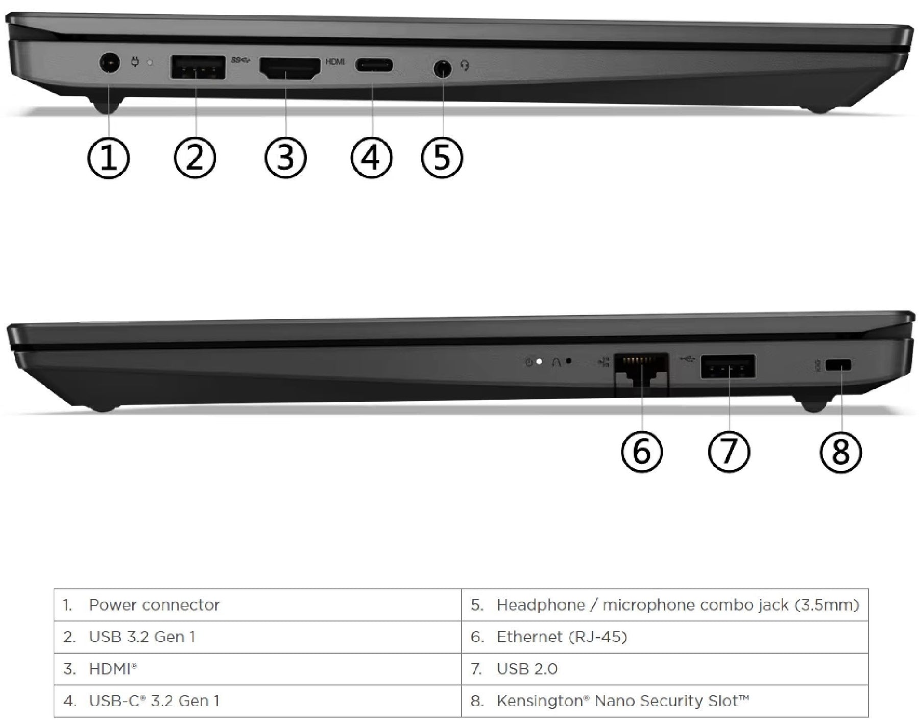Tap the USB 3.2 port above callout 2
point(198,67)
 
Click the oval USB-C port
point(374,65)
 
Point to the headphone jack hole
point(443,68)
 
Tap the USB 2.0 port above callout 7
point(728,366)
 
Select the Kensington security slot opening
point(838,365)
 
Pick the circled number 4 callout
point(372,157)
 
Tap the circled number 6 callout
point(642,452)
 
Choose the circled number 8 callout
point(841,452)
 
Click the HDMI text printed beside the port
point(335,62)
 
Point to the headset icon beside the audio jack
point(465,65)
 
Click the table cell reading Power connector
point(257,605)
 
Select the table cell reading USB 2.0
point(665,669)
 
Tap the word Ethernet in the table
point(528,637)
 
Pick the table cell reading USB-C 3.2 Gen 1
point(257,701)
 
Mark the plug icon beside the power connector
point(135,62)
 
